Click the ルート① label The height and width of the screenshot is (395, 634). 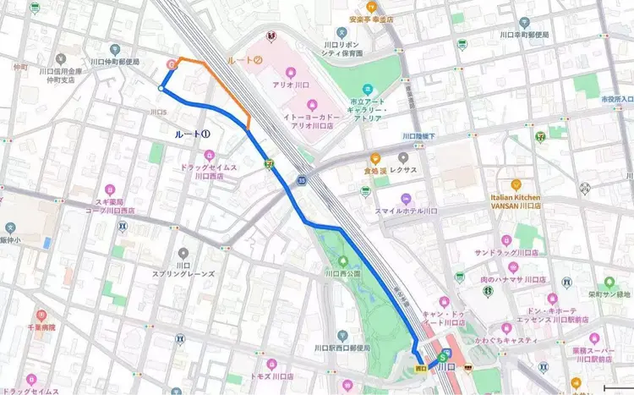(192, 134)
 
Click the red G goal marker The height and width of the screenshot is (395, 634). (172, 63)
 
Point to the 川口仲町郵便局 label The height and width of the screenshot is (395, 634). (118, 63)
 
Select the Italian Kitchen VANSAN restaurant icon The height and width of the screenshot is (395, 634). (516, 184)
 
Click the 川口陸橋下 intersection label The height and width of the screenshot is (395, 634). (418, 136)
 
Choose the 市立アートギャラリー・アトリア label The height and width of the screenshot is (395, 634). (367, 111)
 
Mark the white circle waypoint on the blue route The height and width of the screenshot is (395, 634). (161, 87)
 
